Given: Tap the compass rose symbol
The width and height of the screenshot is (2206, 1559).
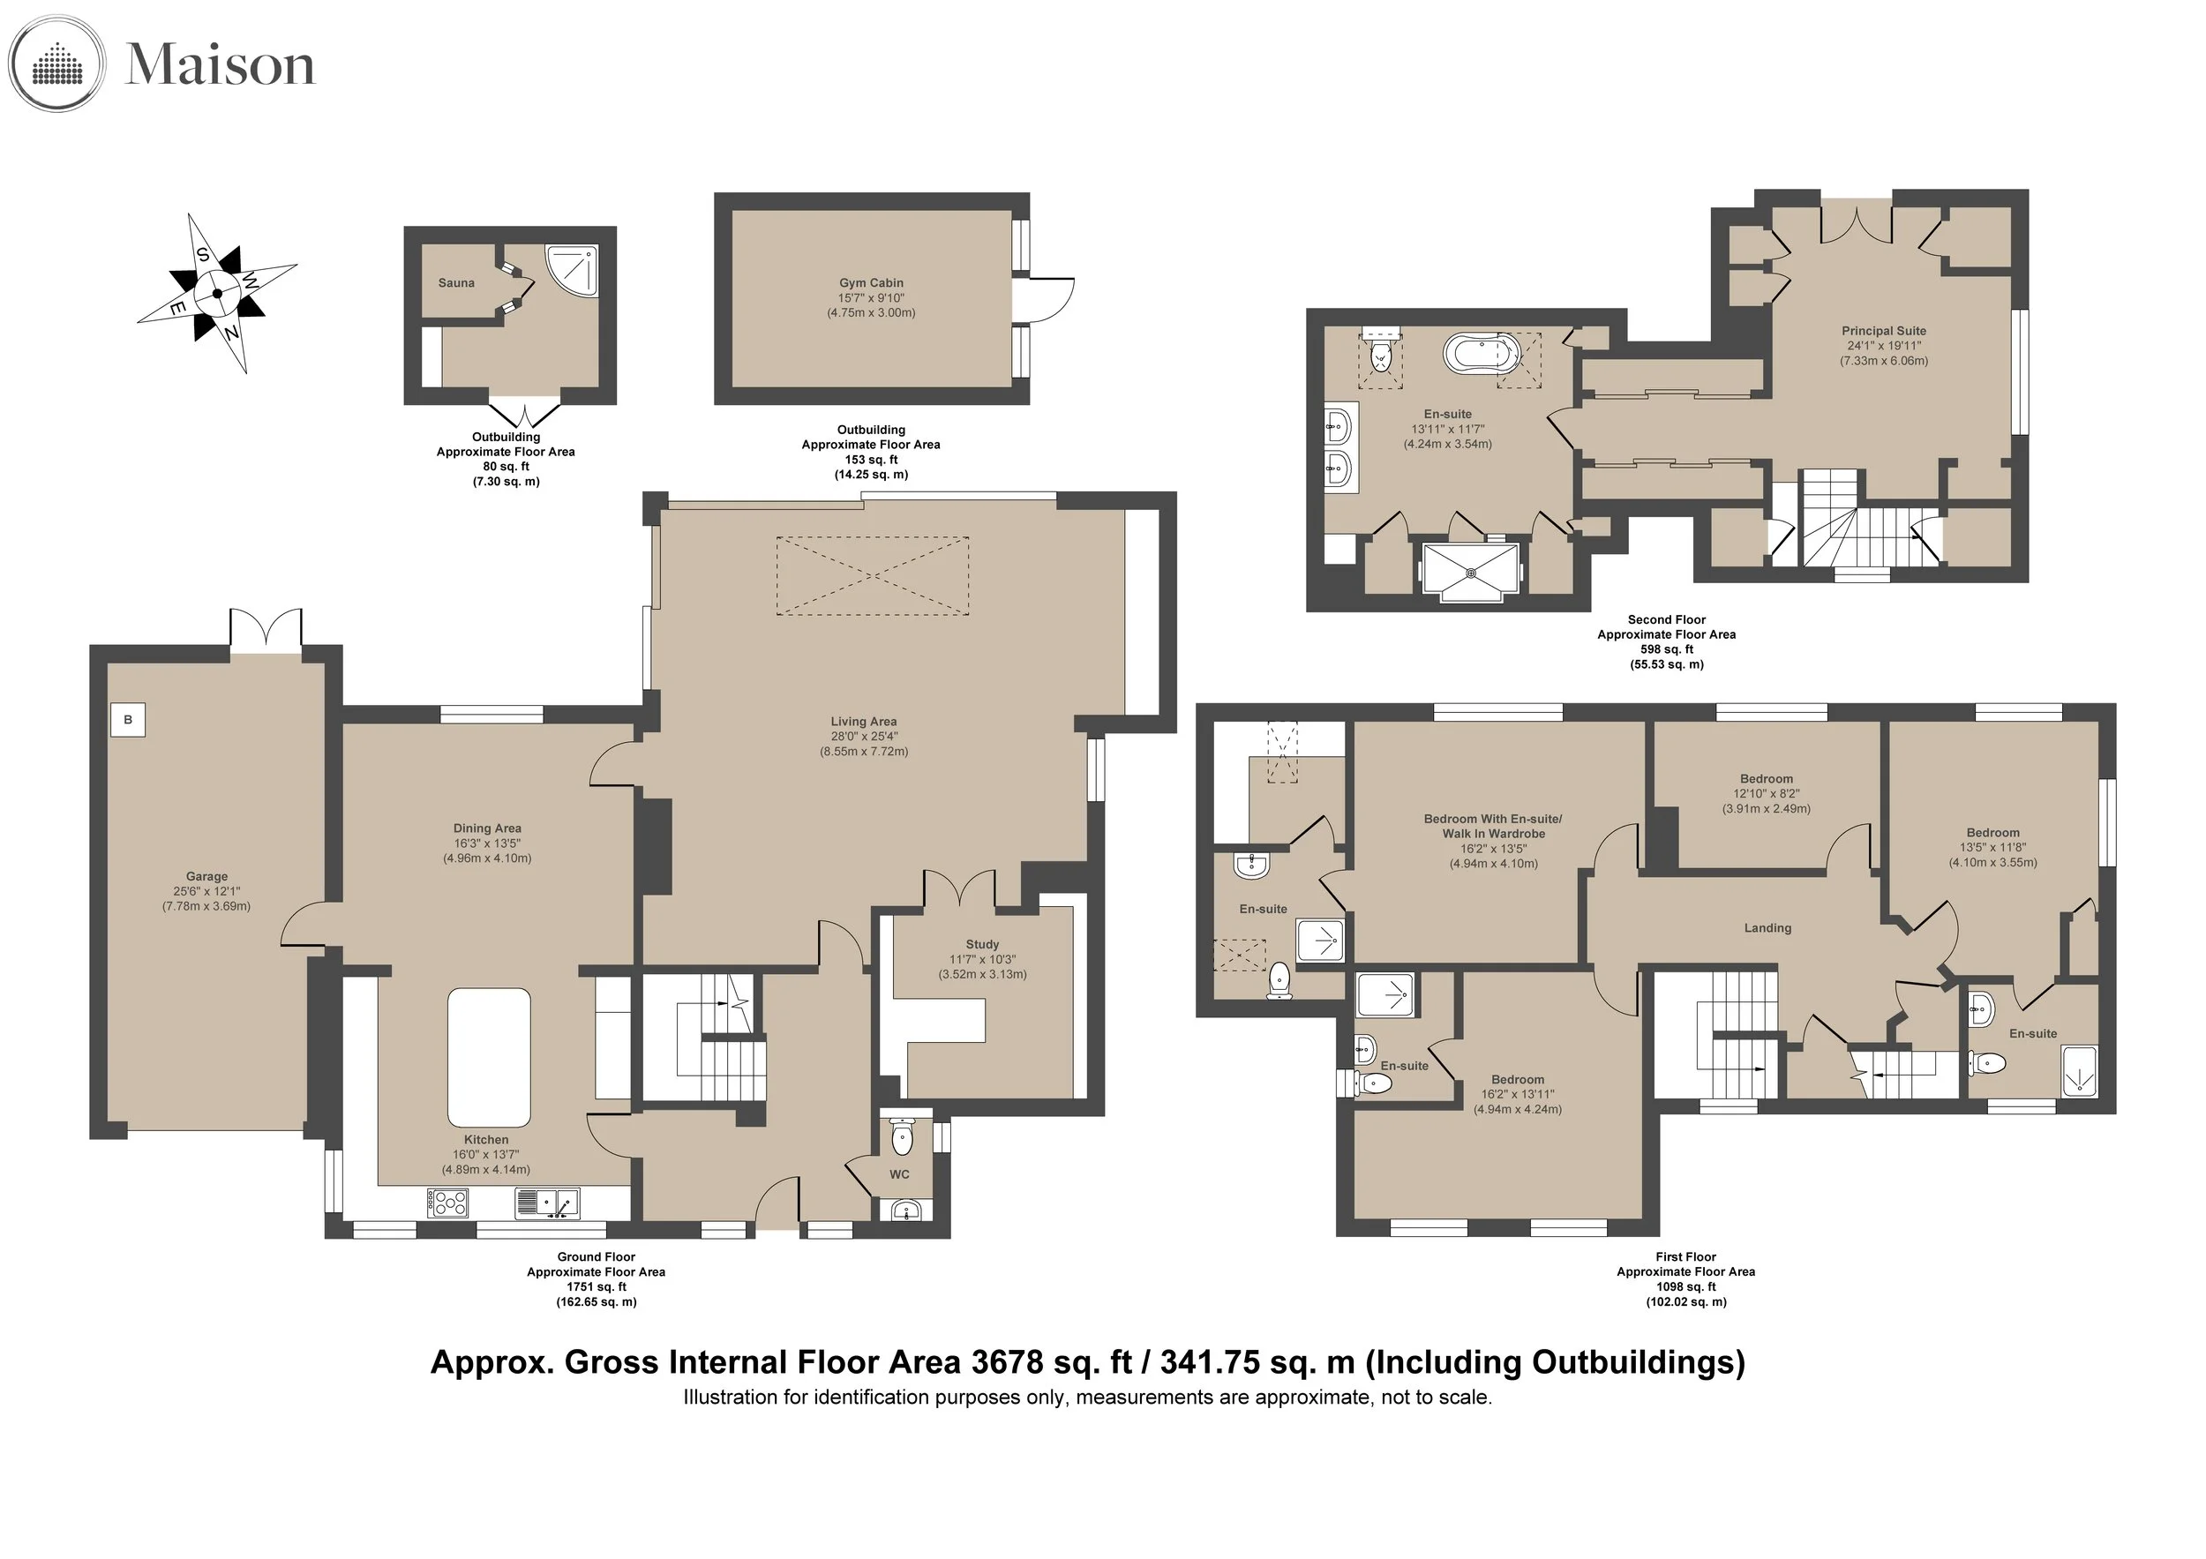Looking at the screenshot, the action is pos(217,293).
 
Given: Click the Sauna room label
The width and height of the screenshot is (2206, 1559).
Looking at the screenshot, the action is pos(456,282).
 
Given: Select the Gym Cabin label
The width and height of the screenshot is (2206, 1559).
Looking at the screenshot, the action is pos(872,282).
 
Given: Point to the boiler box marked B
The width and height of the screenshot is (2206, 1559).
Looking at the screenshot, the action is pos(128,719).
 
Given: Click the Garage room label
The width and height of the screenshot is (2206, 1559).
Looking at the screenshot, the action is pos(206,876).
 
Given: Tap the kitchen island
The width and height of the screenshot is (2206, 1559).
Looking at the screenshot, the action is pos(489,1057).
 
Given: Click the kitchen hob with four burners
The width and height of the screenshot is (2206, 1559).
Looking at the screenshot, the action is pos(446,1203).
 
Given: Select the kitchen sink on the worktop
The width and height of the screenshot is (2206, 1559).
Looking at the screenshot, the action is pos(547,1203).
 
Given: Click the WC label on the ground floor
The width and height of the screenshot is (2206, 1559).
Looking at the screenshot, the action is pos(899,1173).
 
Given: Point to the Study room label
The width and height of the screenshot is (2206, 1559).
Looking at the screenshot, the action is pos(982,944).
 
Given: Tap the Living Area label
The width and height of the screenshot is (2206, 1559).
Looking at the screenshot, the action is pos(864,722).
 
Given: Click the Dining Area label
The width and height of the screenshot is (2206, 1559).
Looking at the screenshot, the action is pos(487,828).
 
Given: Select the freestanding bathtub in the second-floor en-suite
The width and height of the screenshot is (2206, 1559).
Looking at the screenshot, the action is pos(1483,354).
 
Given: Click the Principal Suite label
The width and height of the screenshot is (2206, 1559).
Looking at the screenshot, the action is pos(1884,331).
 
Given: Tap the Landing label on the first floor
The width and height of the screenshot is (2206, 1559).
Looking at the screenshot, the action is pos(1767,928).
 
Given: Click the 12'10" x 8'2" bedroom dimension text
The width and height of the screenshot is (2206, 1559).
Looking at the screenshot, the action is pos(1767,793).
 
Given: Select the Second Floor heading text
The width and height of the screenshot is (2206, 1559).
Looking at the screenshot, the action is pos(1667,619).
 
